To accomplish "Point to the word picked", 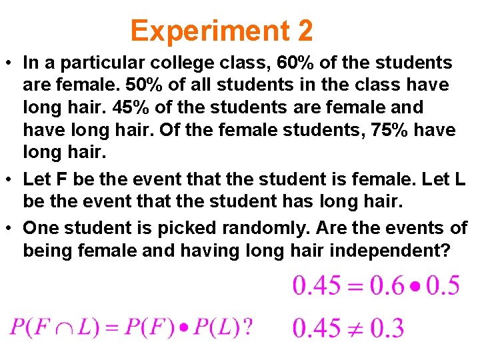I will tap(182, 228).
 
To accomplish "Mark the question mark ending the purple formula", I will tap(247, 327).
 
